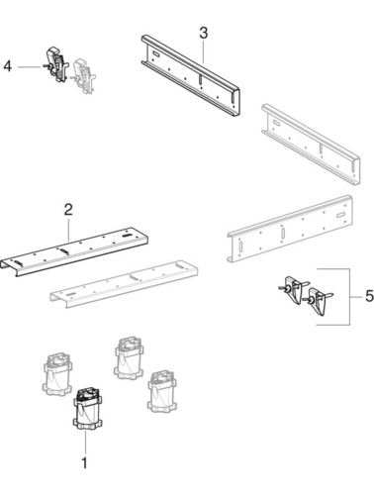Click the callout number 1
click(x=84, y=463)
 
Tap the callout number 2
click(x=68, y=210)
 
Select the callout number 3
click(x=204, y=34)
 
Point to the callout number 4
click(x=8, y=66)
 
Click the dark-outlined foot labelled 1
click(x=87, y=409)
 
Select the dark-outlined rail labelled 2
click(x=74, y=251)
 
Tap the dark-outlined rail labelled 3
click(x=191, y=74)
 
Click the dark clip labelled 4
click(x=57, y=64)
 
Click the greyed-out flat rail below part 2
click(x=124, y=284)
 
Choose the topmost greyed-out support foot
click(x=130, y=358)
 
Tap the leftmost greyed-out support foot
click(x=57, y=374)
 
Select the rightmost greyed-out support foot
click(x=162, y=391)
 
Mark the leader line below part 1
click(x=85, y=442)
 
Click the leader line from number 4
click(x=31, y=67)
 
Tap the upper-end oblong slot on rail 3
click(x=155, y=53)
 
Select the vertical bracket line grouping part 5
click(x=349, y=297)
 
